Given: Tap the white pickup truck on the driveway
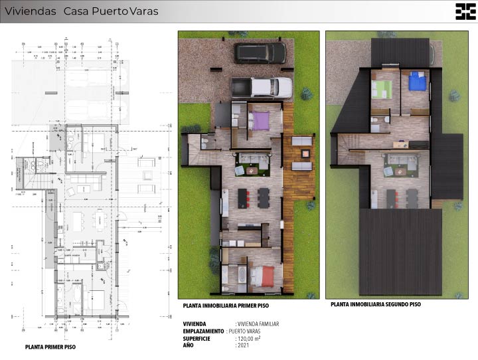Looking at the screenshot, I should pyautogui.click(x=262, y=87).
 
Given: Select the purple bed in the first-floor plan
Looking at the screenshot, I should pyautogui.click(x=259, y=120).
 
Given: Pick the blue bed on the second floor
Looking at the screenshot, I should pyautogui.click(x=417, y=81).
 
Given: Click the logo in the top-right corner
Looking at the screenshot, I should pyautogui.click(x=465, y=11).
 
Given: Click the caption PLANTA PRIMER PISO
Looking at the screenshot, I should pyautogui.click(x=50, y=347).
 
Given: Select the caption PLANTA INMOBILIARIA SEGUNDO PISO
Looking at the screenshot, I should pyautogui.click(x=376, y=304).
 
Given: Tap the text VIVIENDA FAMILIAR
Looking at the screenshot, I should pyautogui.click(x=258, y=324).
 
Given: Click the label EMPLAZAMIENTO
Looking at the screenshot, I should pyautogui.click(x=204, y=331).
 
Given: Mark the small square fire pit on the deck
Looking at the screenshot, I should pyautogui.click(x=305, y=153).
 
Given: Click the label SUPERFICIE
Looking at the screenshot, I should pyautogui.click(x=197, y=338).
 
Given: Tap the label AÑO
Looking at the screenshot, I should pyautogui.click(x=189, y=345).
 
